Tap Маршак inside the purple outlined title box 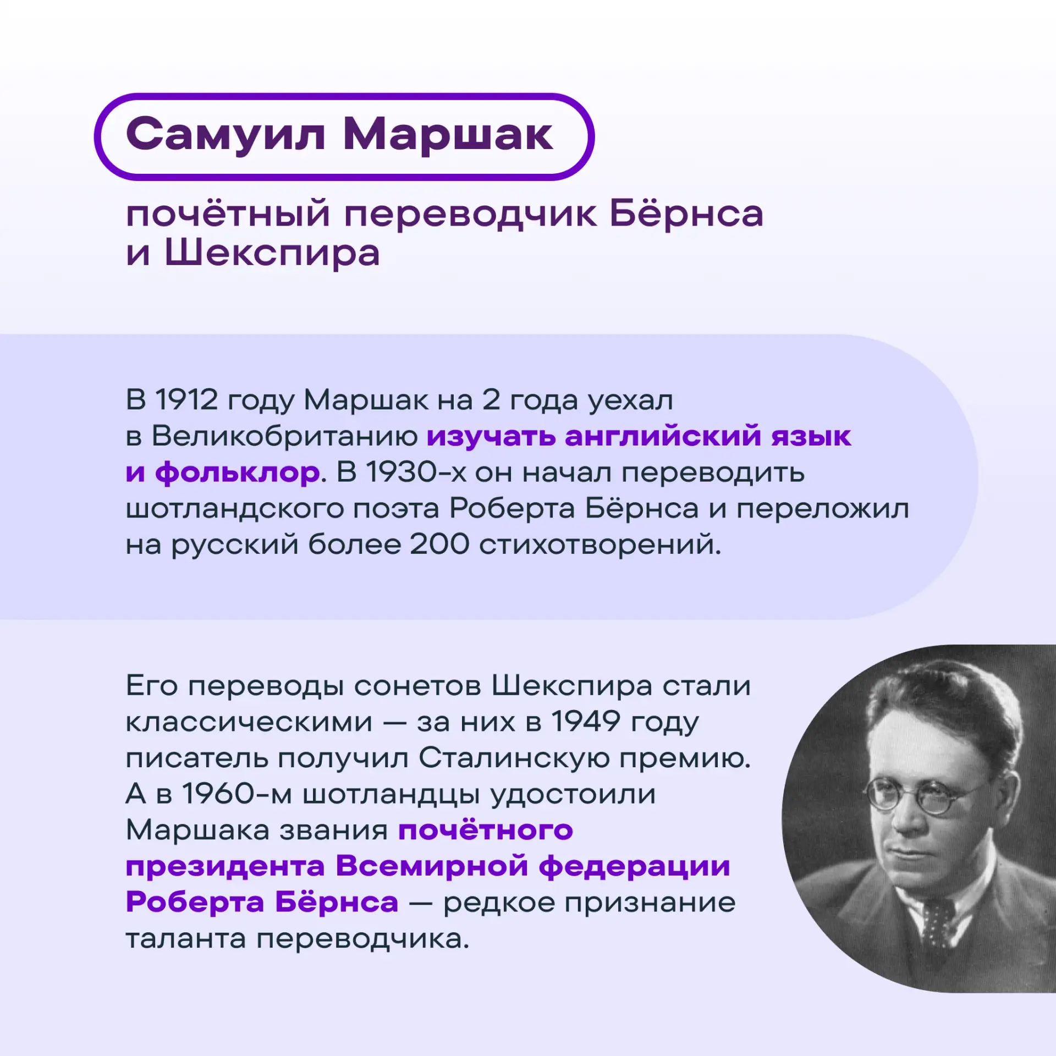[448, 135]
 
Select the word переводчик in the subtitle [471, 215]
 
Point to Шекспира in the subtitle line [272, 254]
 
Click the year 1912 [186, 399]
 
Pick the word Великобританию [284, 436]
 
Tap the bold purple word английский [663, 436]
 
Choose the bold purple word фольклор [238, 472]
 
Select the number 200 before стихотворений [439, 544]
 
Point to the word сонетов [417, 686]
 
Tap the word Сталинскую [514, 758]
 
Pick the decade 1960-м [237, 794]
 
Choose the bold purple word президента [226, 866]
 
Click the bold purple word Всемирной [432, 866]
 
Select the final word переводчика [363, 938]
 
